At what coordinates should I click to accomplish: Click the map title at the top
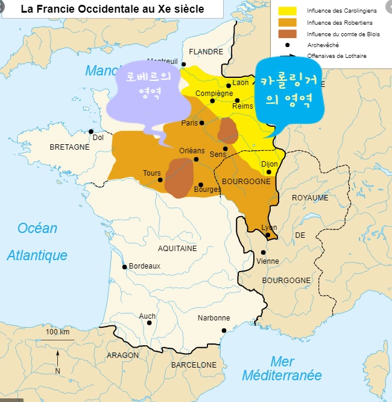click(112, 9)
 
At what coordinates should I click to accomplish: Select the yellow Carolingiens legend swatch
click(288, 10)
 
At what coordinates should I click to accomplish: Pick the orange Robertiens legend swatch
click(288, 22)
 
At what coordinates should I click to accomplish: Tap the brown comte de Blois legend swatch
click(288, 33)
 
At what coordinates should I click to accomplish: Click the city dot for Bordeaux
click(125, 267)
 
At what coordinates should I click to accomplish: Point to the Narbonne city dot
click(224, 330)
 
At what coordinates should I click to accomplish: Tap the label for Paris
click(189, 123)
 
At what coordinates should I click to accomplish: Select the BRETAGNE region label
click(69, 147)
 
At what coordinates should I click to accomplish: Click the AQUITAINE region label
click(177, 248)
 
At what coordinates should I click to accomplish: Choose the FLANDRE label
click(206, 52)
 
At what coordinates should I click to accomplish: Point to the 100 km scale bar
click(57, 337)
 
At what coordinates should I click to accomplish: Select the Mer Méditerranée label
click(282, 368)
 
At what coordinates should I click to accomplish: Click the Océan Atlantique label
click(37, 241)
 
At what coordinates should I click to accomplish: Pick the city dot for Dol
click(91, 131)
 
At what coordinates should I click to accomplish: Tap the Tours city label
click(151, 173)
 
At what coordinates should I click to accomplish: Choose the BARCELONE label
click(194, 365)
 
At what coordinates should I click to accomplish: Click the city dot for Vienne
click(263, 252)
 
